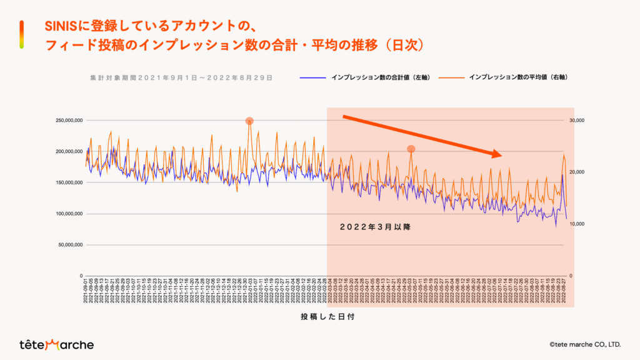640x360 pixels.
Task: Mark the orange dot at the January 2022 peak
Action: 249,121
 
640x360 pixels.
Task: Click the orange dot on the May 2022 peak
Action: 411,149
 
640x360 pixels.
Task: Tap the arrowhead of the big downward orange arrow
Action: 497,154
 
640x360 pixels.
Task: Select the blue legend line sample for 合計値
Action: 312,77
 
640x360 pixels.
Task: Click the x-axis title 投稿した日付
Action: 328,317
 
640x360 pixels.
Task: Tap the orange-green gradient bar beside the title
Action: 22,34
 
